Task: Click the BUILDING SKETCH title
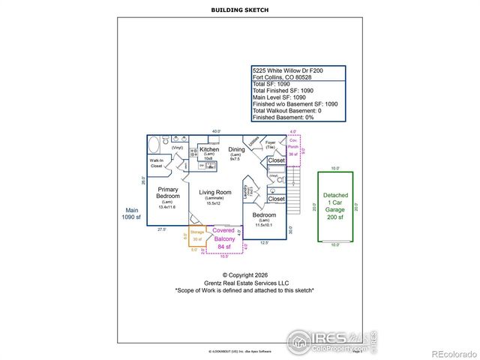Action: pos(240,9)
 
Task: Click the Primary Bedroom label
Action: pos(167,193)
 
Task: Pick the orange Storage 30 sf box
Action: pos(196,236)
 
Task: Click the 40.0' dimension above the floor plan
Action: pos(217,131)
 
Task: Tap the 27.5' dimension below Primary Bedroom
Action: pos(161,229)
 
